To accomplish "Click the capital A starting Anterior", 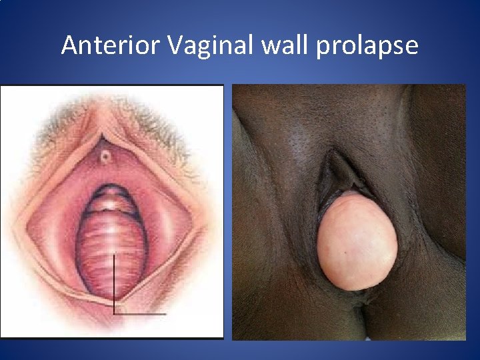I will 69,45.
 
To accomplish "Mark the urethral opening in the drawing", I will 105,158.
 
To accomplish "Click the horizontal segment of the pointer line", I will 140,313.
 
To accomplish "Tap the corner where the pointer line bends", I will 114,313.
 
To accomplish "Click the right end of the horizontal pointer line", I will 165,313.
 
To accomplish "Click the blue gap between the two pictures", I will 228,213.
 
